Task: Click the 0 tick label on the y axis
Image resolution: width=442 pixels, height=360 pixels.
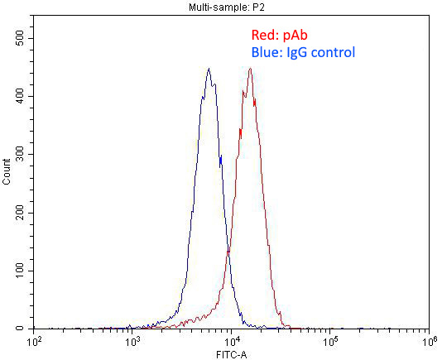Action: click(26, 329)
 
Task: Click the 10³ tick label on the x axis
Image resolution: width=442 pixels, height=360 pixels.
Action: click(133, 341)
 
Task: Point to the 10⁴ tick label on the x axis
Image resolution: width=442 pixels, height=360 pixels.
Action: click(232, 341)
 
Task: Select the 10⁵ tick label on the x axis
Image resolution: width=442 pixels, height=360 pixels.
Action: click(330, 341)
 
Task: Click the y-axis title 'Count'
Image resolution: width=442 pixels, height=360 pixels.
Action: click(7, 184)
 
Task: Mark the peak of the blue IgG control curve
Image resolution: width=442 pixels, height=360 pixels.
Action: click(209, 69)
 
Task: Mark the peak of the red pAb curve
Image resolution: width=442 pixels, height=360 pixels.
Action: click(250, 69)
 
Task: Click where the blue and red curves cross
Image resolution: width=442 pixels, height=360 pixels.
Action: click(228, 250)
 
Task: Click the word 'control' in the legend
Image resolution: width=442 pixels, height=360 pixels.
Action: click(331, 53)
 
